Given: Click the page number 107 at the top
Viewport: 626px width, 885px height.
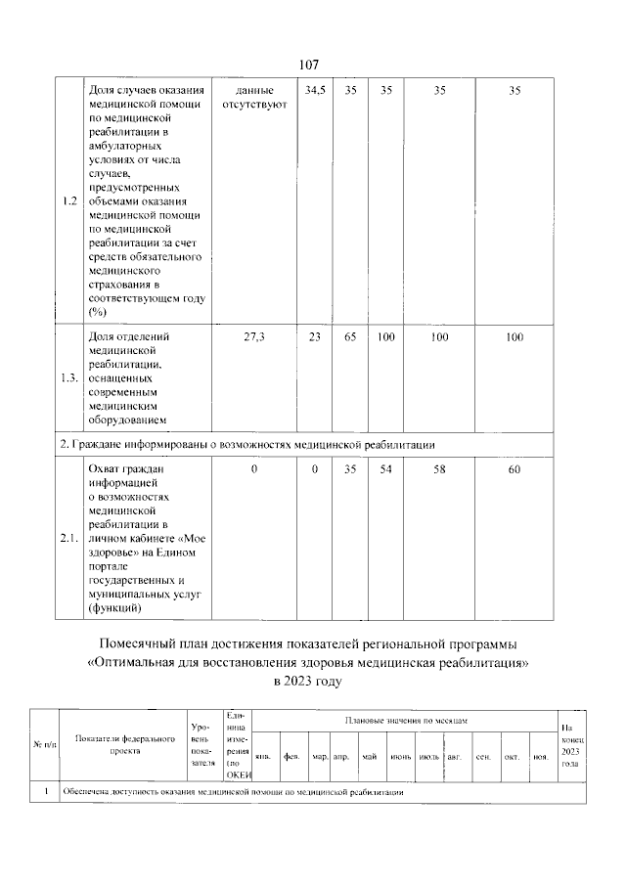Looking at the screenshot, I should coord(309,65).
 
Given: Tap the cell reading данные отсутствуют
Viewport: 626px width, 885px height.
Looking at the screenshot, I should coord(253,98).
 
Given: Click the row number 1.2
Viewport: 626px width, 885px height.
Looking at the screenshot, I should coord(68,201).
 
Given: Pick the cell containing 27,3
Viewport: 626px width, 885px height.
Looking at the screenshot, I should coord(253,337).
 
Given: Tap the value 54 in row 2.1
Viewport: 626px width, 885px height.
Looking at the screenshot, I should coord(385,470).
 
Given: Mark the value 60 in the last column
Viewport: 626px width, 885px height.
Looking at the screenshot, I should coord(514,470).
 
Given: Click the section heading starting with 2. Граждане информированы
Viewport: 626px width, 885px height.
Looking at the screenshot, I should coord(244,444).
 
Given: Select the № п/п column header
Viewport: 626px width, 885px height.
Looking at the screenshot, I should coord(42,746).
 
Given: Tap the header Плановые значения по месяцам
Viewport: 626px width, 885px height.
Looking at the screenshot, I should coord(405,720).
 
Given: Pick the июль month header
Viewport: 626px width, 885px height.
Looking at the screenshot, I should coord(427,757).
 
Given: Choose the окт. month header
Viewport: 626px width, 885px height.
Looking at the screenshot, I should coord(511,757).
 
